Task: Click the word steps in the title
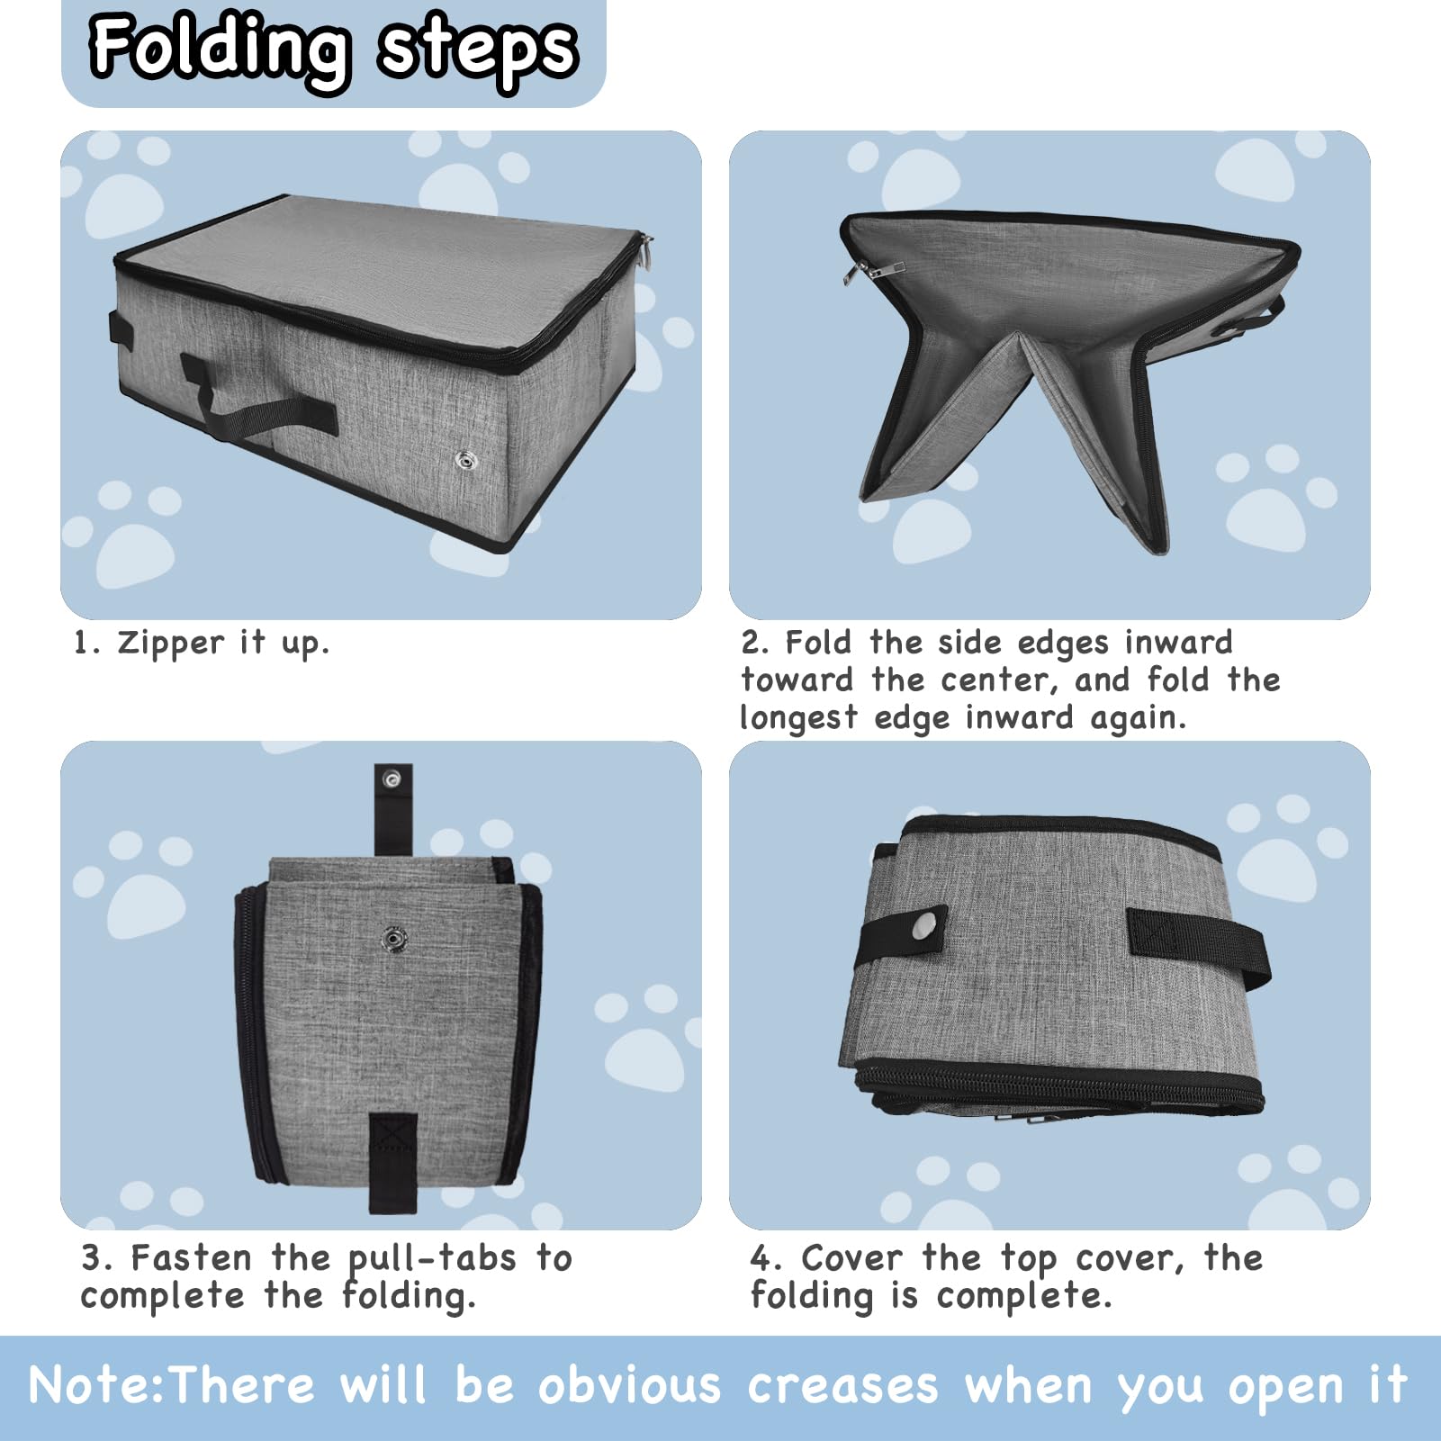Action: pyautogui.click(x=477, y=49)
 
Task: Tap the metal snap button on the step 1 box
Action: pyautogui.click(x=466, y=462)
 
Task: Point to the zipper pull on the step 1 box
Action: pyautogui.click(x=646, y=251)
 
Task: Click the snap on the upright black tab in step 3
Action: pyautogui.click(x=393, y=779)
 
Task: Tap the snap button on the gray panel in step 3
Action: pyautogui.click(x=394, y=940)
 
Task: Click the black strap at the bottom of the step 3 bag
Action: pyautogui.click(x=393, y=1161)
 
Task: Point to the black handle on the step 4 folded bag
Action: pyautogui.click(x=1197, y=945)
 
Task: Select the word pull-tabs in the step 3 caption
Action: pyautogui.click(x=432, y=1258)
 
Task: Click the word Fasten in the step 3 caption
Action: pyautogui.click(x=191, y=1258)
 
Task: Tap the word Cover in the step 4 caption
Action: pyautogui.click(x=851, y=1258)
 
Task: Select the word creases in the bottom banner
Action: pyautogui.click(x=842, y=1386)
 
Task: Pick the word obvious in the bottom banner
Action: pyautogui.click(x=629, y=1386)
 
